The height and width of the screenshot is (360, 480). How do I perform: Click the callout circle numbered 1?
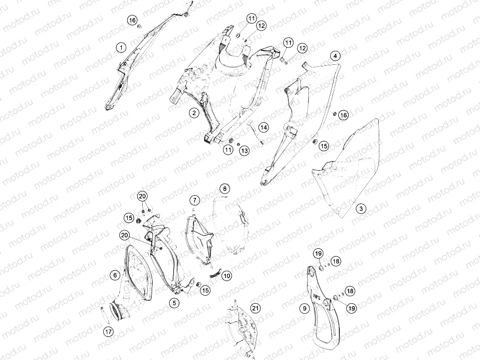click(122, 47)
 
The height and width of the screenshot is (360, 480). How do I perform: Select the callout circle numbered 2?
click(194, 113)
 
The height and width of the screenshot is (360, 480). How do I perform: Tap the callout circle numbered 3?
click(361, 208)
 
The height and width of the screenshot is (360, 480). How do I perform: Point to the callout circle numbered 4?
click(335, 56)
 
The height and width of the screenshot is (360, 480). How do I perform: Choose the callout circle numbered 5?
click(174, 303)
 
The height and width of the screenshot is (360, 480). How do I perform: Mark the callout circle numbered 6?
click(115, 275)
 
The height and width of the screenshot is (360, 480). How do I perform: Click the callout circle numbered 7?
click(195, 200)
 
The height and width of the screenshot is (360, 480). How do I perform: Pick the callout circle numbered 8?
click(225, 188)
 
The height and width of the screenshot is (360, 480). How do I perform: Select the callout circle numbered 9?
click(304, 308)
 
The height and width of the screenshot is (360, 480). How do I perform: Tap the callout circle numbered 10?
click(227, 276)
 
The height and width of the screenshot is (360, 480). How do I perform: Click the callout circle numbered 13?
click(244, 151)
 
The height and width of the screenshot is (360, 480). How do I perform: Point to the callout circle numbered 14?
click(263, 127)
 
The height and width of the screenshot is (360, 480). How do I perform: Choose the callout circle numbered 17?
click(109, 331)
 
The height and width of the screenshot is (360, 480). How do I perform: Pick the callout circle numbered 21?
click(255, 308)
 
